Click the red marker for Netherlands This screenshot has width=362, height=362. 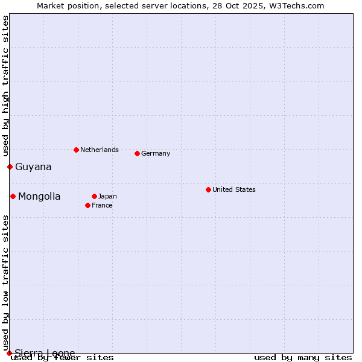(x=76, y=150)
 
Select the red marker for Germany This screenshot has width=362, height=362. (x=137, y=153)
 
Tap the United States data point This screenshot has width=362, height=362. (x=208, y=189)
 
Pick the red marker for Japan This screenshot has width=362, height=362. (x=94, y=196)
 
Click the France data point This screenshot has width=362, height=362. (x=87, y=205)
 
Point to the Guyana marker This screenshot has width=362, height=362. (x=10, y=167)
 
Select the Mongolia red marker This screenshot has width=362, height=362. (x=13, y=196)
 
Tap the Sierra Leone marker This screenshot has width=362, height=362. (x=9, y=353)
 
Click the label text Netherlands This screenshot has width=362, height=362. (x=100, y=150)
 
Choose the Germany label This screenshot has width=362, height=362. (x=156, y=153)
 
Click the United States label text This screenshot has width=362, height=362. (x=234, y=189)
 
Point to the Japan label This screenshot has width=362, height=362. (x=107, y=196)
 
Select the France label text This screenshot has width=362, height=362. (x=102, y=205)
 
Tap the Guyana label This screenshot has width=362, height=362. (x=33, y=167)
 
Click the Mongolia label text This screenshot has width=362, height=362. (x=39, y=196)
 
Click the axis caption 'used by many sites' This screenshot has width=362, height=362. (x=303, y=357)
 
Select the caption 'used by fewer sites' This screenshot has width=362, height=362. (x=63, y=357)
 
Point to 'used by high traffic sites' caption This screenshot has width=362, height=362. (x=5, y=86)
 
